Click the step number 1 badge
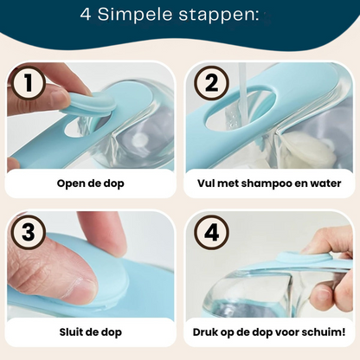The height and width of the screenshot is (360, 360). point(29,83)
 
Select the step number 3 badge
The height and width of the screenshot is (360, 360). point(29,232)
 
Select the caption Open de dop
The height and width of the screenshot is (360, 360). point(90,183)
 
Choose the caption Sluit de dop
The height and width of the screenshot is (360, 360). point(90,331)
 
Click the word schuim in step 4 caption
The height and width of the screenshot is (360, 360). point(325,331)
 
